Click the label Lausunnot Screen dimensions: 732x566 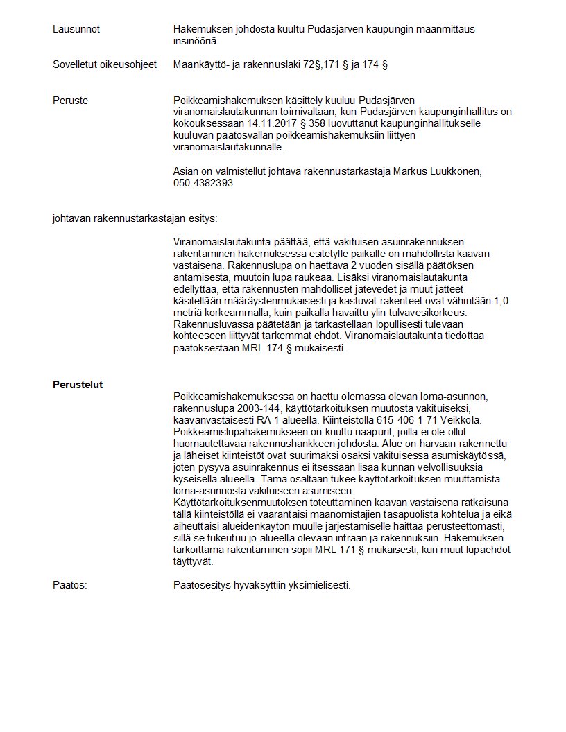76,29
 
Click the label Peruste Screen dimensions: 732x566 70,101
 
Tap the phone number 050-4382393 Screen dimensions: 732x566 203,183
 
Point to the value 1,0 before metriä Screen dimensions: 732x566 501,301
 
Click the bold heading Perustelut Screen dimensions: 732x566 78,385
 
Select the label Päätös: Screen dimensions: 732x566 70,585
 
